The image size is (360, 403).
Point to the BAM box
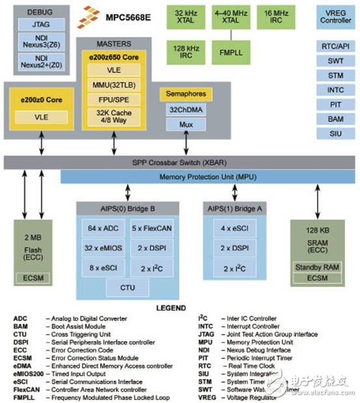tap(335, 118)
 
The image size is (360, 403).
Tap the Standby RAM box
tap(316, 268)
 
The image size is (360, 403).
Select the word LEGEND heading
tap(170, 308)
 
